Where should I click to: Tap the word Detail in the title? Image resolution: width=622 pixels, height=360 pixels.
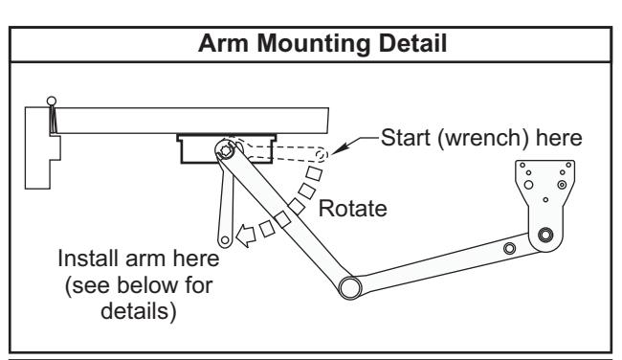[x=413, y=42]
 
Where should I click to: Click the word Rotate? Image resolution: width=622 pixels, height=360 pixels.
[x=353, y=209]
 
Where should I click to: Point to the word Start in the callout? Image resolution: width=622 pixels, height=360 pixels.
[x=406, y=137]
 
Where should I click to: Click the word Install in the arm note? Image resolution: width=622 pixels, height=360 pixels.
[x=88, y=259]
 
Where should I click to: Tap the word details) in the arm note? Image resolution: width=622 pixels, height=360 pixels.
[x=139, y=311]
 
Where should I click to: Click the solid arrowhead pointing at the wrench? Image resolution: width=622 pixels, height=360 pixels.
[x=339, y=148]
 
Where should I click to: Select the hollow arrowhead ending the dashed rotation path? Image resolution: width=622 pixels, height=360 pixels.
[x=246, y=236]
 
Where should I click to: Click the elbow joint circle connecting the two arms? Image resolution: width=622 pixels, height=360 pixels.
[x=350, y=288]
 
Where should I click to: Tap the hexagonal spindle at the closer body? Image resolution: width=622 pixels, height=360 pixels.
[x=226, y=150]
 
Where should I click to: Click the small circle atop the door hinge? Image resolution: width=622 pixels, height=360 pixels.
[x=52, y=101]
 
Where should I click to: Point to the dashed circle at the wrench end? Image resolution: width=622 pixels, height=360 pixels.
[x=321, y=154]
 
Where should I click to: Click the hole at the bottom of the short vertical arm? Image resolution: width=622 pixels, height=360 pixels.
[x=225, y=239]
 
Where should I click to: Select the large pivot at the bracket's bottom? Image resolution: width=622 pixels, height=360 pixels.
[x=545, y=235]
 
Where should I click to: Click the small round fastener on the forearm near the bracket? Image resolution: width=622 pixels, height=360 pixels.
[x=509, y=249]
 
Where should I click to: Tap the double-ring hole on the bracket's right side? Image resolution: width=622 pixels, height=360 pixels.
[x=562, y=185]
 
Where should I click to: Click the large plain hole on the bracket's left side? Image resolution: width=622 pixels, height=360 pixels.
[x=528, y=185]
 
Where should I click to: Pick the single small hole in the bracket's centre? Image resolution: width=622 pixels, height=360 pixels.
[x=545, y=200]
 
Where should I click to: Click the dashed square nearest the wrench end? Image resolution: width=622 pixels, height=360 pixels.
[x=314, y=173]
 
